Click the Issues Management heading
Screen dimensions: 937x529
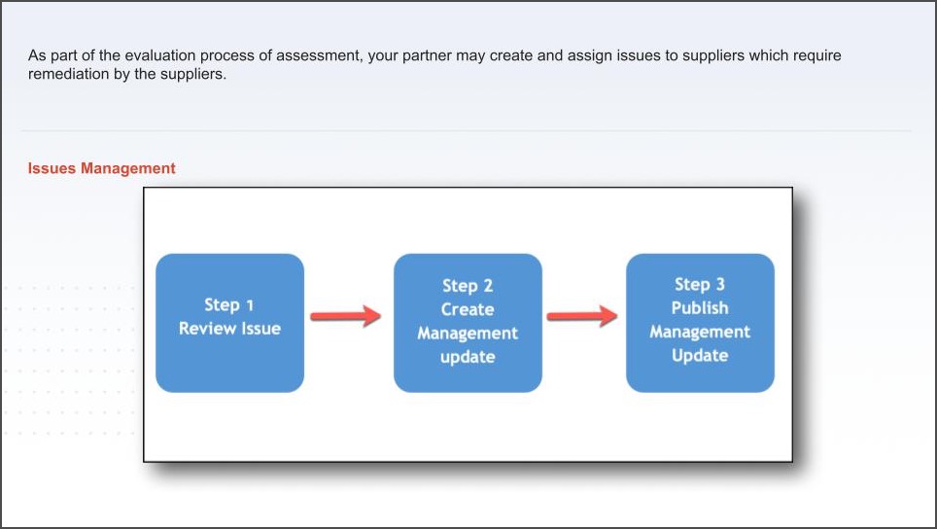coord(102,168)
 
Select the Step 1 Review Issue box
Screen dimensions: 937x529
coord(230,323)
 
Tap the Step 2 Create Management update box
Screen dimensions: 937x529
coord(468,323)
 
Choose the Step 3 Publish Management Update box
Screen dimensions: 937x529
coord(701,323)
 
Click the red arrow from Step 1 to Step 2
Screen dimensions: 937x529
coord(345,316)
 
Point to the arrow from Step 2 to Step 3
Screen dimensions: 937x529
coord(582,316)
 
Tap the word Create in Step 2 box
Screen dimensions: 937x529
coord(468,309)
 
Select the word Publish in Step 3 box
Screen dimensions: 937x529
coord(700,308)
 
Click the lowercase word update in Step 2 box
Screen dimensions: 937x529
coord(468,357)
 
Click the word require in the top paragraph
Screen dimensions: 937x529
coord(816,55)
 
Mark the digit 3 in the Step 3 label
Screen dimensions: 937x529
coord(720,285)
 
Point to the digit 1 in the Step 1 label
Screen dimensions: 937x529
coord(250,305)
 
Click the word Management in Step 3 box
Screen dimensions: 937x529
coord(700,332)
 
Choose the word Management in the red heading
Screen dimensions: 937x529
coord(128,168)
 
